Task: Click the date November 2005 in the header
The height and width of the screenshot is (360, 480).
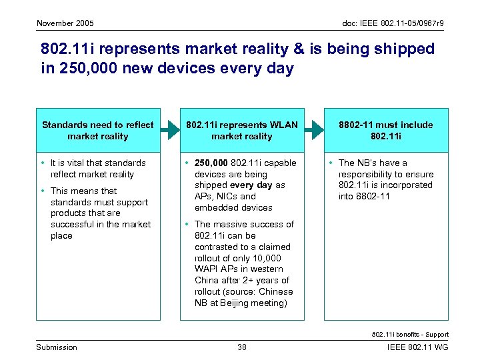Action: click(65, 23)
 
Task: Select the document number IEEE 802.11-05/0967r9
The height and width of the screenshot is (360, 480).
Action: click(393, 23)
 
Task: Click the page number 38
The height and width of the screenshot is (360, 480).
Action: click(242, 347)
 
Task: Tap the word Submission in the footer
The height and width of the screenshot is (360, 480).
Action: click(57, 347)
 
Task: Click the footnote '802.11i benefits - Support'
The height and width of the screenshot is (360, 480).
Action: click(409, 335)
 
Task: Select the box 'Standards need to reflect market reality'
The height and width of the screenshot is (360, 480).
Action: click(97, 130)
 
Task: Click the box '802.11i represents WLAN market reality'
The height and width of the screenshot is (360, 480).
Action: click(241, 130)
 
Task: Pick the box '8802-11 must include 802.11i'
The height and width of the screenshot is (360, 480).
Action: click(386, 130)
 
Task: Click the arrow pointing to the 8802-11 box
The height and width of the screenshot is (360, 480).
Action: click(314, 130)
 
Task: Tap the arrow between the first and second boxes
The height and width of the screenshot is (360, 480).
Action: click(170, 130)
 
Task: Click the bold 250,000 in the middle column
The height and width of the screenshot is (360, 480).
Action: click(211, 163)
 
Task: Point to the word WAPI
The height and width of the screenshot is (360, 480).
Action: click(207, 269)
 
